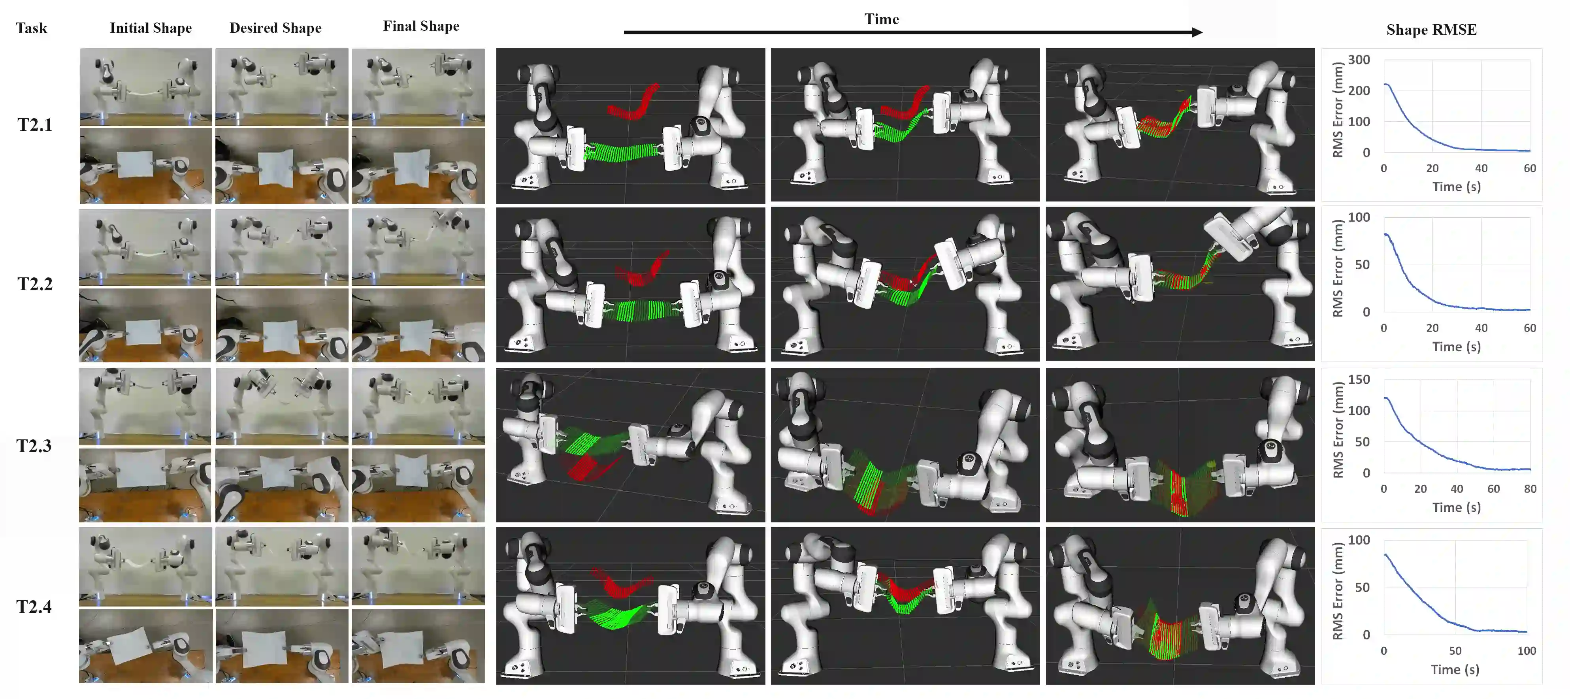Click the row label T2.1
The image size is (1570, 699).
35,125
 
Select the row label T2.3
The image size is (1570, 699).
34,446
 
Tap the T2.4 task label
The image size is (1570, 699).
34,607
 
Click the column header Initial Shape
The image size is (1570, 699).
151,28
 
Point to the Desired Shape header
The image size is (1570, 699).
275,28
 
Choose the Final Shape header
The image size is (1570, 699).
421,26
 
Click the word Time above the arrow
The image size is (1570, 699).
881,19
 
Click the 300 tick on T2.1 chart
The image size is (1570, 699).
1359,60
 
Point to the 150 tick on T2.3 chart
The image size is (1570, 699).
1359,380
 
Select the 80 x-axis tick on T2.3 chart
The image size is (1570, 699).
1530,489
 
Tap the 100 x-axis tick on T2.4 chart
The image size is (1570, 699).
1526,651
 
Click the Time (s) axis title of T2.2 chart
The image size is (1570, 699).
1456,347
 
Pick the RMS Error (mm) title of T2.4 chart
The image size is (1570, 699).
1338,591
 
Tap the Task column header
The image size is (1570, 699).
31,28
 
